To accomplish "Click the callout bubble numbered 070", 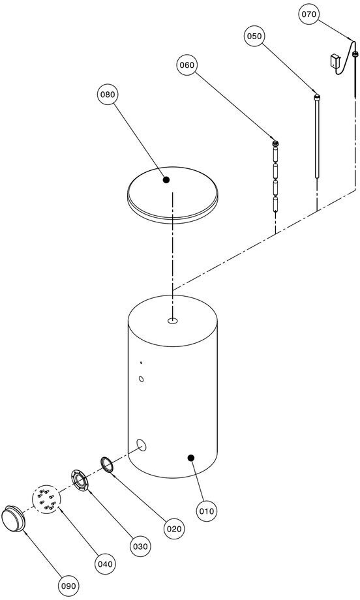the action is coord(308,14).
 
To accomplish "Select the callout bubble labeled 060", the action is coord(187,65).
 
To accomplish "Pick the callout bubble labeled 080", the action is coord(108,95).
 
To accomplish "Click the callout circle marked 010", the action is coord(207,511).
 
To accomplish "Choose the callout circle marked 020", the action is coord(173,529).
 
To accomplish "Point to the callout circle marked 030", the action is coord(140,547).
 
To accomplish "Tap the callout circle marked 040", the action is coord(105,564).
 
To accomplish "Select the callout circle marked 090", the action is coord(69,586).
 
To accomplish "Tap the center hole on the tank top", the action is coord(173,321).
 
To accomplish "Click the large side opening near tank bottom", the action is coord(142,445).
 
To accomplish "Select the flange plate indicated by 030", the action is coord(80,481).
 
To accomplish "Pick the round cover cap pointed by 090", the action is coord(14,518).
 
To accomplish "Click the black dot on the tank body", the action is coord(191,457).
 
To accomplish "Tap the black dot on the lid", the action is coord(166,179).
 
